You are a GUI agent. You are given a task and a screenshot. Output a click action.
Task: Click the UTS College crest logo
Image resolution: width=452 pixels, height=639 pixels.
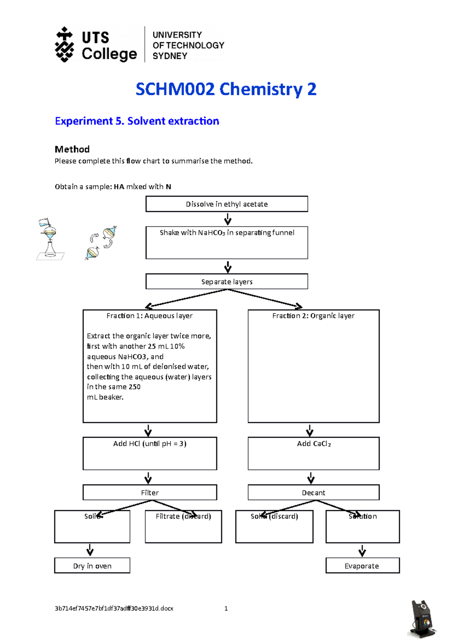tap(65, 44)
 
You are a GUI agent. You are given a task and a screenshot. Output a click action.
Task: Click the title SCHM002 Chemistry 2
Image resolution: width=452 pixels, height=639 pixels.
tap(226, 89)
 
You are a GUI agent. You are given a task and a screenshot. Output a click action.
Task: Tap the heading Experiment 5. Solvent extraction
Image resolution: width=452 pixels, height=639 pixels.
tap(137, 121)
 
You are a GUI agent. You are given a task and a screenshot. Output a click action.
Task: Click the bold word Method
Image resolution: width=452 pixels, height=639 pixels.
tap(72, 149)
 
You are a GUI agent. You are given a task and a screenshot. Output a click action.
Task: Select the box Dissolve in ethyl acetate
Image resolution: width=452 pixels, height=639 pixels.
tap(227, 204)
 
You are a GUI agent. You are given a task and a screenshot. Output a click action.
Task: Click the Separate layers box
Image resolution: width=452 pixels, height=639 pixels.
tap(227, 281)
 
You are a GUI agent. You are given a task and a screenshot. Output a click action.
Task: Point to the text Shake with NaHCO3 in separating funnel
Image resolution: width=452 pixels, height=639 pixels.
tap(227, 233)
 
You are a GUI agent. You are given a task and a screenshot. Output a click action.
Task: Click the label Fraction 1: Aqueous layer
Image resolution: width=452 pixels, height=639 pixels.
tap(150, 316)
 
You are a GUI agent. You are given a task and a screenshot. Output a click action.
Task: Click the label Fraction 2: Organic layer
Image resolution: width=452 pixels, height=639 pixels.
tap(313, 316)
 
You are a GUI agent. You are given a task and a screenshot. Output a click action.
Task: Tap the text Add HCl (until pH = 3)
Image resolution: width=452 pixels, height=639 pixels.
tap(150, 444)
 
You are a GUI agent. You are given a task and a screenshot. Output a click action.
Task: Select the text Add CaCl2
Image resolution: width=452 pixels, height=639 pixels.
tap(313, 444)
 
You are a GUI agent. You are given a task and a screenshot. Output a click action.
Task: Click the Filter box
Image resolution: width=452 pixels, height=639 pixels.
tap(150, 492)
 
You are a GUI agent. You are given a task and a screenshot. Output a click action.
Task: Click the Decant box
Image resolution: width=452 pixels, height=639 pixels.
tap(313, 492)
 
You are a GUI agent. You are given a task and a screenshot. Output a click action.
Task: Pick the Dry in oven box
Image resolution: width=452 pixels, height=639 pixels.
tap(92, 566)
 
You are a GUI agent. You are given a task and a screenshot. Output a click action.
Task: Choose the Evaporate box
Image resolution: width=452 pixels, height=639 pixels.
tap(362, 566)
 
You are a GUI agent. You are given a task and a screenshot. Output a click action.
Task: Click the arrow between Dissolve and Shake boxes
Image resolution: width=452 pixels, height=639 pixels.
tap(228, 219)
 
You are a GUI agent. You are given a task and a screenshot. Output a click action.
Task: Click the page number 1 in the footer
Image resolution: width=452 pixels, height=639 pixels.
tap(226, 609)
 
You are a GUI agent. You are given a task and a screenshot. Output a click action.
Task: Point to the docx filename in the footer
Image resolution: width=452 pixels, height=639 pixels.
tap(114, 609)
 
